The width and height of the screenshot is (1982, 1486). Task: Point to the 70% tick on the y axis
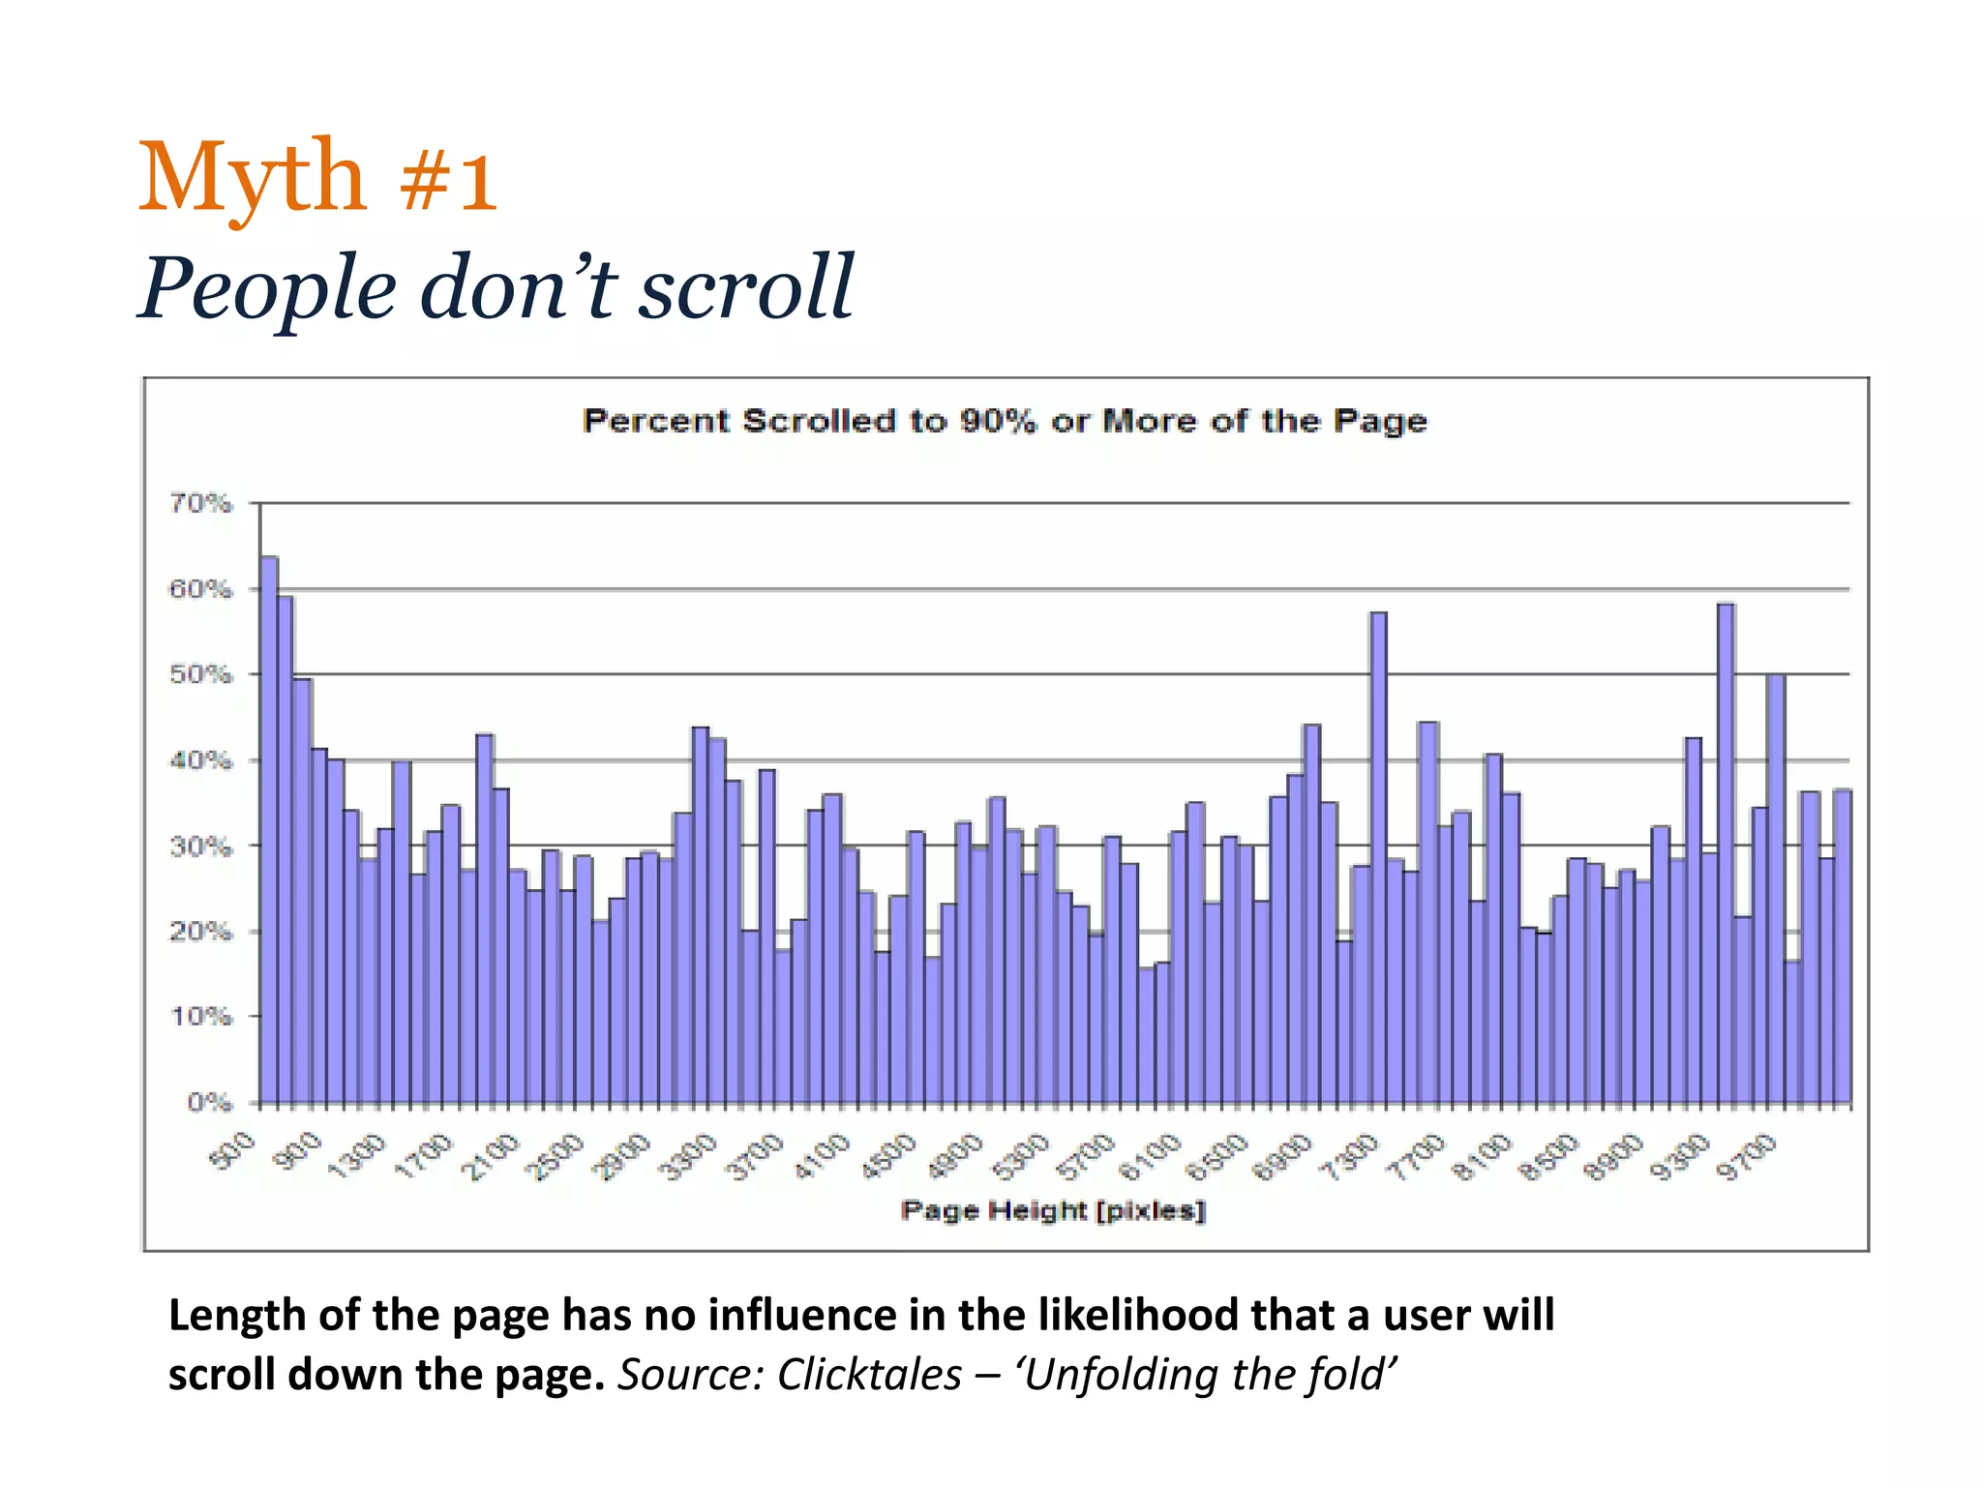[x=201, y=503]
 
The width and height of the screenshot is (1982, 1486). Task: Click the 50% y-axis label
[x=201, y=674]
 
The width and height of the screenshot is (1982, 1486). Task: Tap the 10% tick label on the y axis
[x=201, y=1017]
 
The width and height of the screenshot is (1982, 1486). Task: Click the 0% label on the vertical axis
[x=209, y=1102]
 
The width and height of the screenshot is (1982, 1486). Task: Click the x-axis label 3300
[x=687, y=1158]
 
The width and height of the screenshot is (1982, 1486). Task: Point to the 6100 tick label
[x=1150, y=1158]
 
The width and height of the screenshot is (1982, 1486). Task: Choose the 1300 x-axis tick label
[x=356, y=1158]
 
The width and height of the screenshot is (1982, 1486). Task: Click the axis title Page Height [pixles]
[x=1053, y=1210]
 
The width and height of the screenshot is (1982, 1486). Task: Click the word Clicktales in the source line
[x=868, y=1375]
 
